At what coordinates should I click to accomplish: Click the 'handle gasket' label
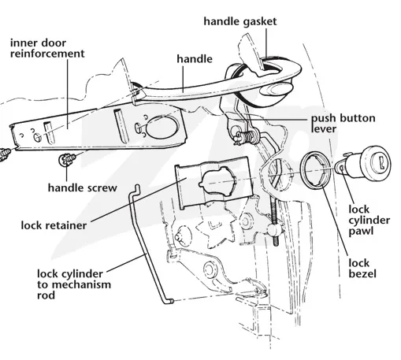[x=240, y=22]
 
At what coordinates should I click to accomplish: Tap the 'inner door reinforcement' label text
[x=47, y=48]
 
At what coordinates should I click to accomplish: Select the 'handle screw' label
[x=83, y=188]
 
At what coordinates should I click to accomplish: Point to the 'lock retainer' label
[x=54, y=225]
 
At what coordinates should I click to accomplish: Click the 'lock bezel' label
[x=362, y=269]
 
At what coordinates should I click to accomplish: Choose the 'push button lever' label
[x=343, y=124]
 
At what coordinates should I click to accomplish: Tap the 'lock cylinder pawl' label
[x=369, y=220]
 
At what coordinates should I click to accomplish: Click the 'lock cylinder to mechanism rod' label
[x=74, y=284]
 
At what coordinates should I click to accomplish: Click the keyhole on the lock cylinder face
[x=382, y=161]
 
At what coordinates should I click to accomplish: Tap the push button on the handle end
[x=277, y=88]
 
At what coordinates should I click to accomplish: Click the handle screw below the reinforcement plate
[x=67, y=159]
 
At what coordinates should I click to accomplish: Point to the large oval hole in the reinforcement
[x=162, y=127]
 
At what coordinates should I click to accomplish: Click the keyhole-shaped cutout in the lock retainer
[x=217, y=180]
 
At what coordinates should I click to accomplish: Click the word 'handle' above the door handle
[x=195, y=59]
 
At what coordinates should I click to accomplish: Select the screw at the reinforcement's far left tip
[x=5, y=154]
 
